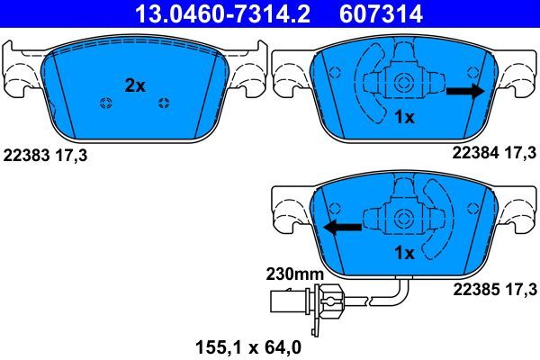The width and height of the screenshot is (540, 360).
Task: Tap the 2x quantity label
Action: (134, 85)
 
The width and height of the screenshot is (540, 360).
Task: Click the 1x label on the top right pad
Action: (405, 118)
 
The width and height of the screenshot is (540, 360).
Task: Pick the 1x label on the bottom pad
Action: (405, 254)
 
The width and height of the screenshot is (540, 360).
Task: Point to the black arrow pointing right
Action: (465, 90)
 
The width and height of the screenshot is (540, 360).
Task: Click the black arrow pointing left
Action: (343, 227)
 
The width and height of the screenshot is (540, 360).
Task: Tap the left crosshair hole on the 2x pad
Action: (105, 101)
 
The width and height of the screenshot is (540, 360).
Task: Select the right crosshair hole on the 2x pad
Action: (164, 101)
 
